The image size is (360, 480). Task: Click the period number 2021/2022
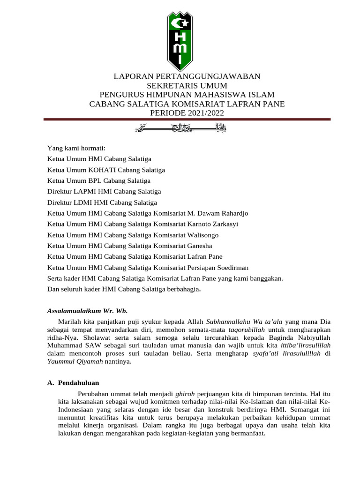click(x=205, y=113)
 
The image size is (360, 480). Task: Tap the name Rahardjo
click(x=231, y=213)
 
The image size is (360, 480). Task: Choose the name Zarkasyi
click(x=224, y=224)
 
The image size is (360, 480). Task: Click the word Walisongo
click(x=203, y=234)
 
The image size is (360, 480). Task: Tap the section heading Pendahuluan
click(x=78, y=382)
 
